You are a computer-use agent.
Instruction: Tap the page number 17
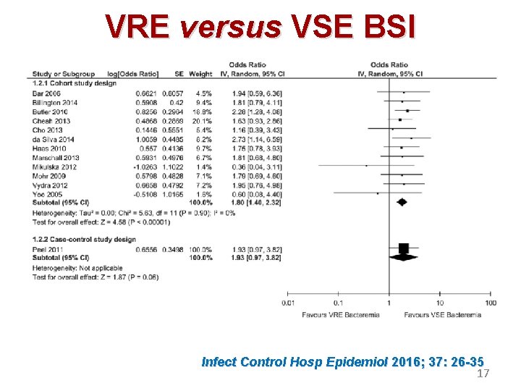click(x=483, y=374)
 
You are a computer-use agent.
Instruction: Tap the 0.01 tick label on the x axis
click(x=289, y=303)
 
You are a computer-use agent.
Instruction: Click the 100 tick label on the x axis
click(x=490, y=303)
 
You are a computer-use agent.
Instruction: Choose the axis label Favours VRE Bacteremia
click(x=340, y=315)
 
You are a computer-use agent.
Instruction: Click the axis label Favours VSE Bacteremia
click(x=442, y=315)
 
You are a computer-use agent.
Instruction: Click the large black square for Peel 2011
click(x=404, y=248)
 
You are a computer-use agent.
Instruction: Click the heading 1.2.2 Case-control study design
click(x=84, y=240)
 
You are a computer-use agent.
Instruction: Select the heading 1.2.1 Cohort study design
click(x=75, y=83)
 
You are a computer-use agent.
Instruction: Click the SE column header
click(x=179, y=74)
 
